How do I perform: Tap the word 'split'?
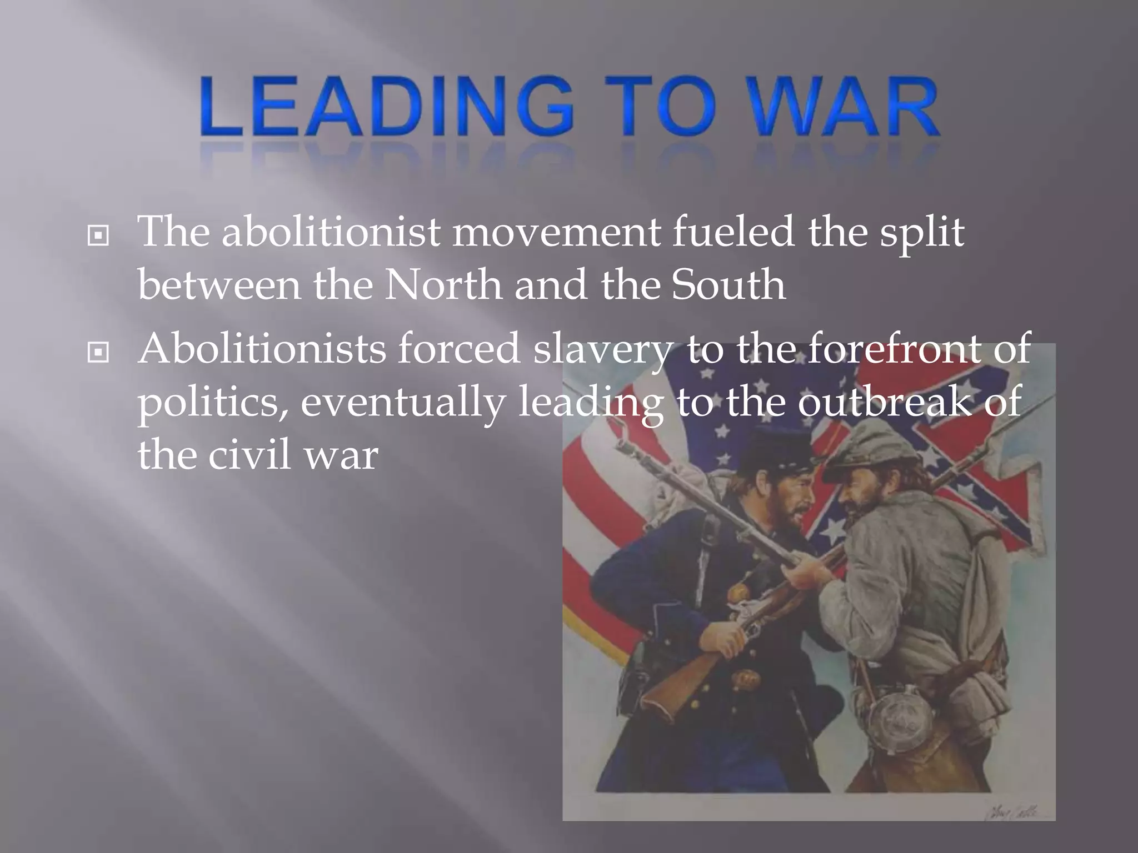tap(920, 233)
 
